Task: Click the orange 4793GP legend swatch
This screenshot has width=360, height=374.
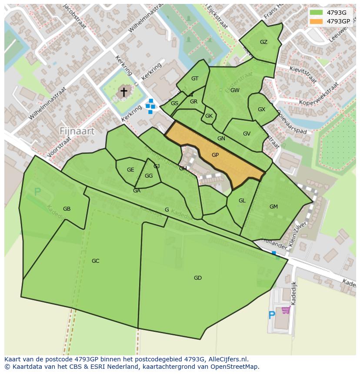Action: tap(316, 21)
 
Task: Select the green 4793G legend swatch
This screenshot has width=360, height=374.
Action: tap(316, 13)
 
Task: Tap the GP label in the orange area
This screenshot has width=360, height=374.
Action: tap(215, 155)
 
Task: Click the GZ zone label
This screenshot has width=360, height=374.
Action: tap(263, 42)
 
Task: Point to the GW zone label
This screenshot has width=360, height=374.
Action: tap(235, 90)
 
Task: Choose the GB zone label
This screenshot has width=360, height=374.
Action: tap(67, 209)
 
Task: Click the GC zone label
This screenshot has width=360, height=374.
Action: tap(96, 261)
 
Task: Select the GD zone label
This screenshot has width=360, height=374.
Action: tap(198, 278)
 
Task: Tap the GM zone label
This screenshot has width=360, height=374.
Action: tap(273, 207)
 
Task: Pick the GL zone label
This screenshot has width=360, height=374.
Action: tap(242, 201)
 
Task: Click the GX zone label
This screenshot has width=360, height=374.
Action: tap(261, 109)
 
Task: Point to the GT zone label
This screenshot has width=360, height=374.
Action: tap(195, 79)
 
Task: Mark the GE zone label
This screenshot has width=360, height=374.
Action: tap(130, 170)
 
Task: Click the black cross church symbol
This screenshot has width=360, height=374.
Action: tap(123, 92)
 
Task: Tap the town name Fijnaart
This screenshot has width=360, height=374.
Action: tap(77, 131)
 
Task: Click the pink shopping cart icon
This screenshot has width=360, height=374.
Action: tap(286, 310)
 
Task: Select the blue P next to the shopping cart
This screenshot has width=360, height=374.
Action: tap(272, 315)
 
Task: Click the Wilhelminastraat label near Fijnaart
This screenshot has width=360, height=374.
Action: tap(47, 103)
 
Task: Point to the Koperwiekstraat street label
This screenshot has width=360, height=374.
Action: tap(319, 95)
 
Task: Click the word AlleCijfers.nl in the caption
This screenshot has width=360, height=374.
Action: tap(228, 359)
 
